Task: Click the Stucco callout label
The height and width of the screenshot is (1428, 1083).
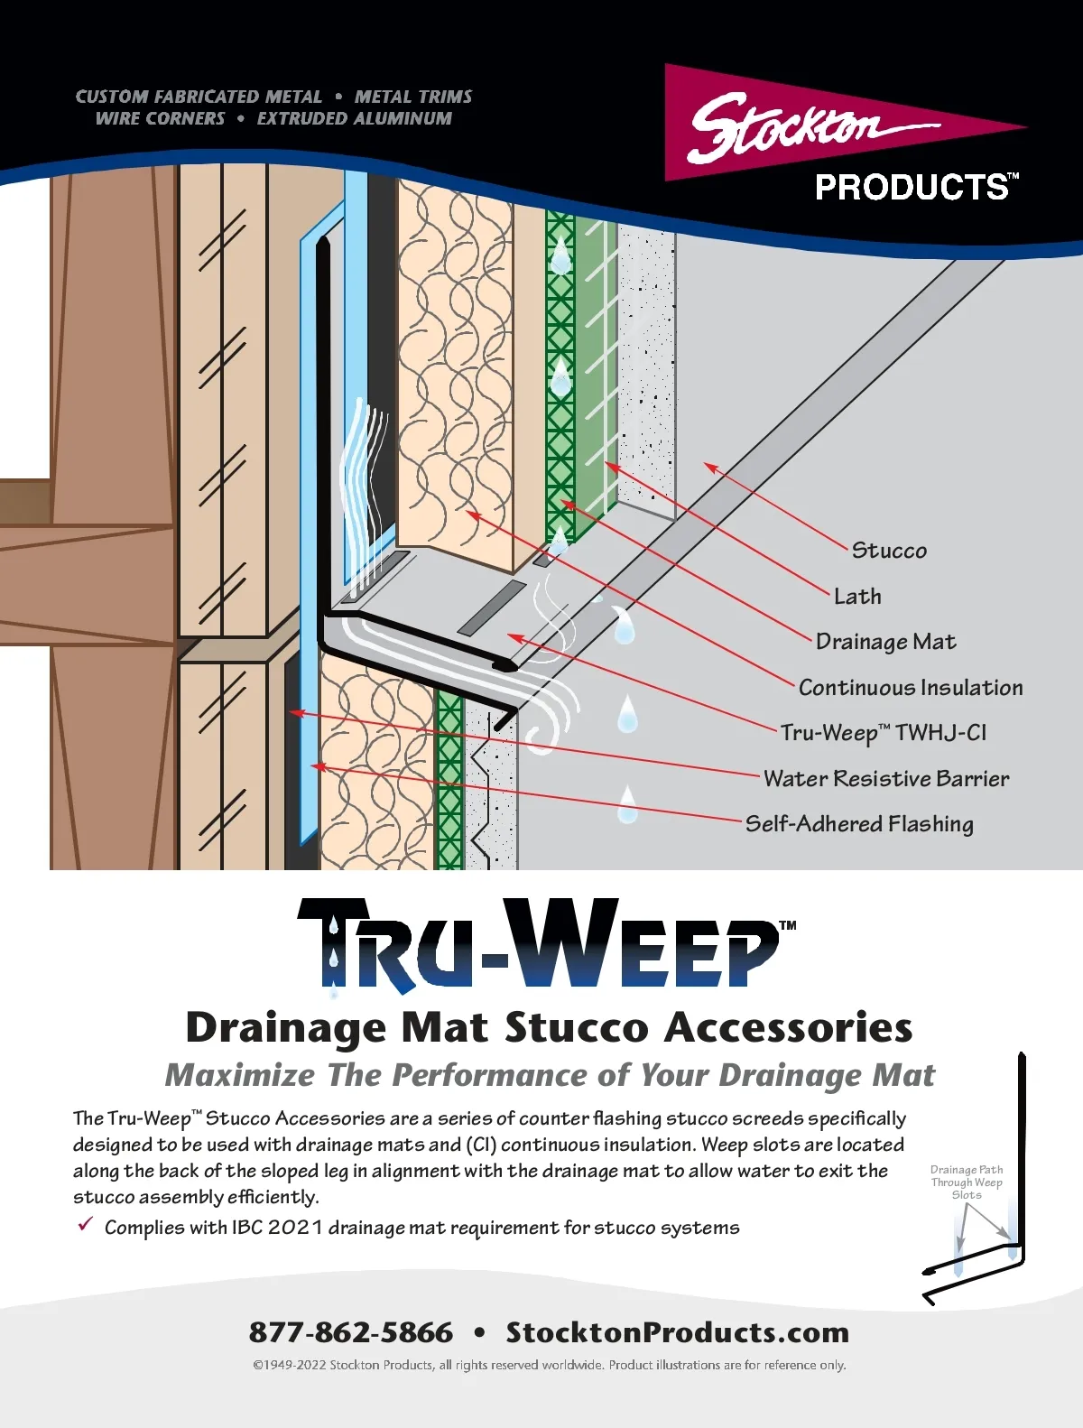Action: [889, 551]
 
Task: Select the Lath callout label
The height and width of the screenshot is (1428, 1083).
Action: [858, 596]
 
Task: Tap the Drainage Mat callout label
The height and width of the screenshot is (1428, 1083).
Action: [886, 642]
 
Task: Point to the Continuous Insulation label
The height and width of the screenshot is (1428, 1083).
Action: [911, 687]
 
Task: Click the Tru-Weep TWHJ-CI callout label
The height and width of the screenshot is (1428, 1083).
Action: [884, 733]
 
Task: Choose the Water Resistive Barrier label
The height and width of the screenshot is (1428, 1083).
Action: [886, 778]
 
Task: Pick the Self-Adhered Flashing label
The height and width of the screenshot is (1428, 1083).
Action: [859, 823]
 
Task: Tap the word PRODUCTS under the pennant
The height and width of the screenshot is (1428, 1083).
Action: [912, 188]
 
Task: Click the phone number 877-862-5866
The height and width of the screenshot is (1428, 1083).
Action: [351, 1331]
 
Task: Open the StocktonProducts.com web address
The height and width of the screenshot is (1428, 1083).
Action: [678, 1331]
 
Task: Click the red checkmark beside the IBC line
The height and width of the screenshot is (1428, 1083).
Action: [86, 1224]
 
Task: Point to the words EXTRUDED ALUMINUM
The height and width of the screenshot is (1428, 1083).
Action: [355, 118]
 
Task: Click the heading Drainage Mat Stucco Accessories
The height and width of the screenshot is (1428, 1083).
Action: [549, 1028]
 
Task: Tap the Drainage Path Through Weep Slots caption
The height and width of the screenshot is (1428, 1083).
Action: [967, 1182]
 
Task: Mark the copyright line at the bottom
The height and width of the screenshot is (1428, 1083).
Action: [550, 1364]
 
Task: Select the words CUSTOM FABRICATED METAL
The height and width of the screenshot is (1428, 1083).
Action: [199, 97]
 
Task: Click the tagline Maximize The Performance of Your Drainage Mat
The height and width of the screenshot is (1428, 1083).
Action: [551, 1075]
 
